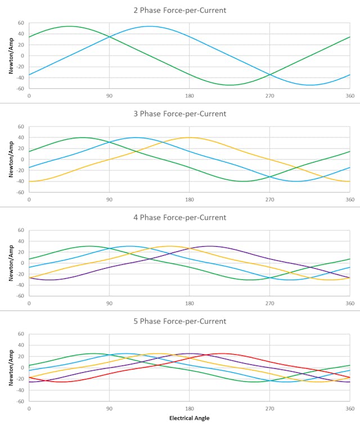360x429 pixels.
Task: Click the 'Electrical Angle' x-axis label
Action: tap(190, 418)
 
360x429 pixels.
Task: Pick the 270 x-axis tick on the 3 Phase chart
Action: tap(269, 199)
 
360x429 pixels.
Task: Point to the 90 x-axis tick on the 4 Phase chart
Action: tap(109, 303)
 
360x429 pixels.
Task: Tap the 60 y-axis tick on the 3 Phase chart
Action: tap(21, 127)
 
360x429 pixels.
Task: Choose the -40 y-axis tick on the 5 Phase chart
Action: tap(20, 390)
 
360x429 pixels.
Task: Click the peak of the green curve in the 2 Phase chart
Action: tap(69, 26)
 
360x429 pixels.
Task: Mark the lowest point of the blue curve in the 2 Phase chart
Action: tap(309, 85)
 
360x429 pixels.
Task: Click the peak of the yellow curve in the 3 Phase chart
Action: tap(190, 137)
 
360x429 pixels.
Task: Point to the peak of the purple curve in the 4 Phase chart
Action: tap(209, 246)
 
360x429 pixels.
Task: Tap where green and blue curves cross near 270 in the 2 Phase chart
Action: tap(269, 75)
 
